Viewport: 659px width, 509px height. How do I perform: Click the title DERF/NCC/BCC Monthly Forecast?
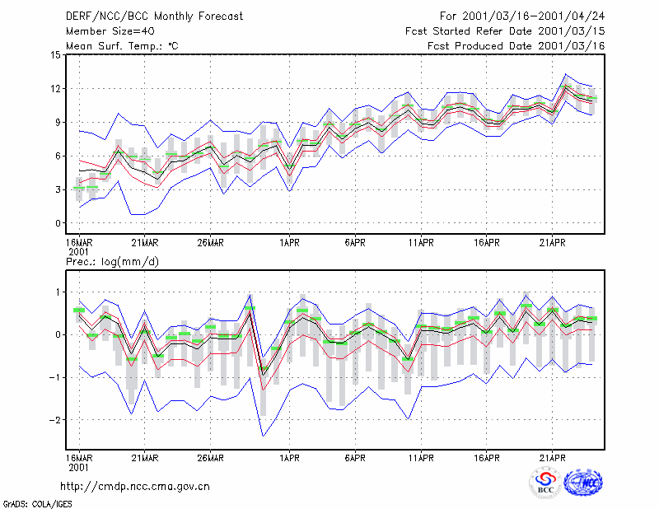(154, 16)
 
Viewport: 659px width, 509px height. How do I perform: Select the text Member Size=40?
(110, 31)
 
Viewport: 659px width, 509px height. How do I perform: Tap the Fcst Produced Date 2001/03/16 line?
(516, 46)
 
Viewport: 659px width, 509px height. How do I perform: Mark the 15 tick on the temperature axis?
(56, 55)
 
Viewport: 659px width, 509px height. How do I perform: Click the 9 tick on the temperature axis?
(58, 123)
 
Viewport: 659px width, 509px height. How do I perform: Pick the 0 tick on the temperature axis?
(58, 223)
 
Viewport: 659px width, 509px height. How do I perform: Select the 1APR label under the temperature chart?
(290, 243)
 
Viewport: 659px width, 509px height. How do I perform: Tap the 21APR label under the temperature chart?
(552, 243)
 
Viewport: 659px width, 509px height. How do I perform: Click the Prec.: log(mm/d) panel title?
(112, 262)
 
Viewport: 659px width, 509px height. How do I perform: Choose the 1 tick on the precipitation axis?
(58, 292)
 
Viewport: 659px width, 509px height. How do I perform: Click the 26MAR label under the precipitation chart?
(211, 458)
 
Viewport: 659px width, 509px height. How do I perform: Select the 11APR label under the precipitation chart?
(421, 458)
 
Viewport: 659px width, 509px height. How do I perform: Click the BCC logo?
(545, 483)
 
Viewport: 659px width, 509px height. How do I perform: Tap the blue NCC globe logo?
(583, 483)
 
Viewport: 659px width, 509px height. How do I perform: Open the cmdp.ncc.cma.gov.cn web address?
(135, 487)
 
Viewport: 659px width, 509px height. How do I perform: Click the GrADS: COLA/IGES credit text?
(37, 504)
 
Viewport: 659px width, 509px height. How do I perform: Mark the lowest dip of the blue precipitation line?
(263, 436)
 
